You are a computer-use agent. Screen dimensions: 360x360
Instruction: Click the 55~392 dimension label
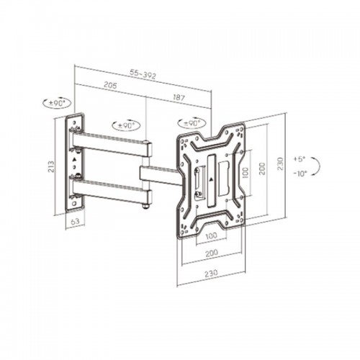143,74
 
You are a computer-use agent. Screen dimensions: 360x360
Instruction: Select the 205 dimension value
110,85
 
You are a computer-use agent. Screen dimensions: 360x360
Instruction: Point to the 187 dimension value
179,97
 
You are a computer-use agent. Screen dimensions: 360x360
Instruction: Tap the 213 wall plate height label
51,166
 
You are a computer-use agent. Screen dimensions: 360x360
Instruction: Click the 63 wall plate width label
75,221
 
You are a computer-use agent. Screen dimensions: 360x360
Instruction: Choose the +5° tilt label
299,159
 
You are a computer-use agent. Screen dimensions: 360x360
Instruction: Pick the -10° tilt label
300,174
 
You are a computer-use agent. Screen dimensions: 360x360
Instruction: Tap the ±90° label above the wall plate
57,104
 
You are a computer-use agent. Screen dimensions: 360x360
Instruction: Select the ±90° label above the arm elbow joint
126,125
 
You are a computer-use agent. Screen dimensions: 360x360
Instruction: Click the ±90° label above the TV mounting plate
192,123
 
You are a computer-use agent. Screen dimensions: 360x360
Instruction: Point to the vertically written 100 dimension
245,173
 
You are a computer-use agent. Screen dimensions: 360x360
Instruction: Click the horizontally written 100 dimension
211,235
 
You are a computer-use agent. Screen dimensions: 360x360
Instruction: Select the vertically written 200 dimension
262,168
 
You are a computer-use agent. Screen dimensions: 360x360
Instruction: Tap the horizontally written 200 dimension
212,253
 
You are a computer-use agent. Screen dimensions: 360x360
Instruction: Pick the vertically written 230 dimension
280,163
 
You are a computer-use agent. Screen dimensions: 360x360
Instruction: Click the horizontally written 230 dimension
211,274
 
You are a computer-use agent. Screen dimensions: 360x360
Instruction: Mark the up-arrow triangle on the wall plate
74,159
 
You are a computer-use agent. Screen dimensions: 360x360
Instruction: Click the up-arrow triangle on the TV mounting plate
211,179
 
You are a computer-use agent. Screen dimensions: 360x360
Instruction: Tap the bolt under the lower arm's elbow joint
145,206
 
